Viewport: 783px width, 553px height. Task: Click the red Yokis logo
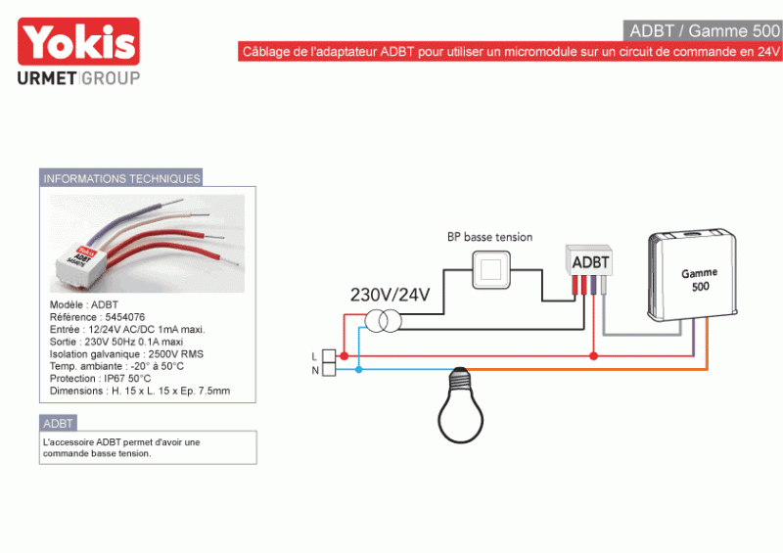tap(78, 41)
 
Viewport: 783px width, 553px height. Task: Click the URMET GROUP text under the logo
tap(78, 78)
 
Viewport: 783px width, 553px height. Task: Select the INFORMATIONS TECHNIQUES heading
tap(121, 178)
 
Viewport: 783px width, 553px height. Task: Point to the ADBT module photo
tap(148, 244)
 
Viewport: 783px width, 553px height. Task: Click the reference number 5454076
tap(125, 317)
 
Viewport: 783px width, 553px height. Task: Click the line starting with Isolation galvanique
tap(126, 354)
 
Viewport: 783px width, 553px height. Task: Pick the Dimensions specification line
tap(140, 392)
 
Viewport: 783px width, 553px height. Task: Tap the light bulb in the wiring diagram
tap(460, 404)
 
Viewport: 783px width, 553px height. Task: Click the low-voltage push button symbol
tap(491, 270)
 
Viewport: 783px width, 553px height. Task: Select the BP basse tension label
tap(490, 237)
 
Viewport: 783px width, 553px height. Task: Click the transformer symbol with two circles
tap(383, 321)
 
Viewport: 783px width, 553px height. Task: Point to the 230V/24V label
tap(390, 295)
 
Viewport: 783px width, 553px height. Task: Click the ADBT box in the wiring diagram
tap(589, 260)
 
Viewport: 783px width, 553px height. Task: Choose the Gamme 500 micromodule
tap(693, 276)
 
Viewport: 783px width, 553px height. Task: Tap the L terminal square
tap(329, 355)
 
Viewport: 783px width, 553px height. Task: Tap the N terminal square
tap(329, 369)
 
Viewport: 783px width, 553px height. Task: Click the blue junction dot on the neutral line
tap(358, 370)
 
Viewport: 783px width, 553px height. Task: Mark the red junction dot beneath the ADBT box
tap(593, 356)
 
